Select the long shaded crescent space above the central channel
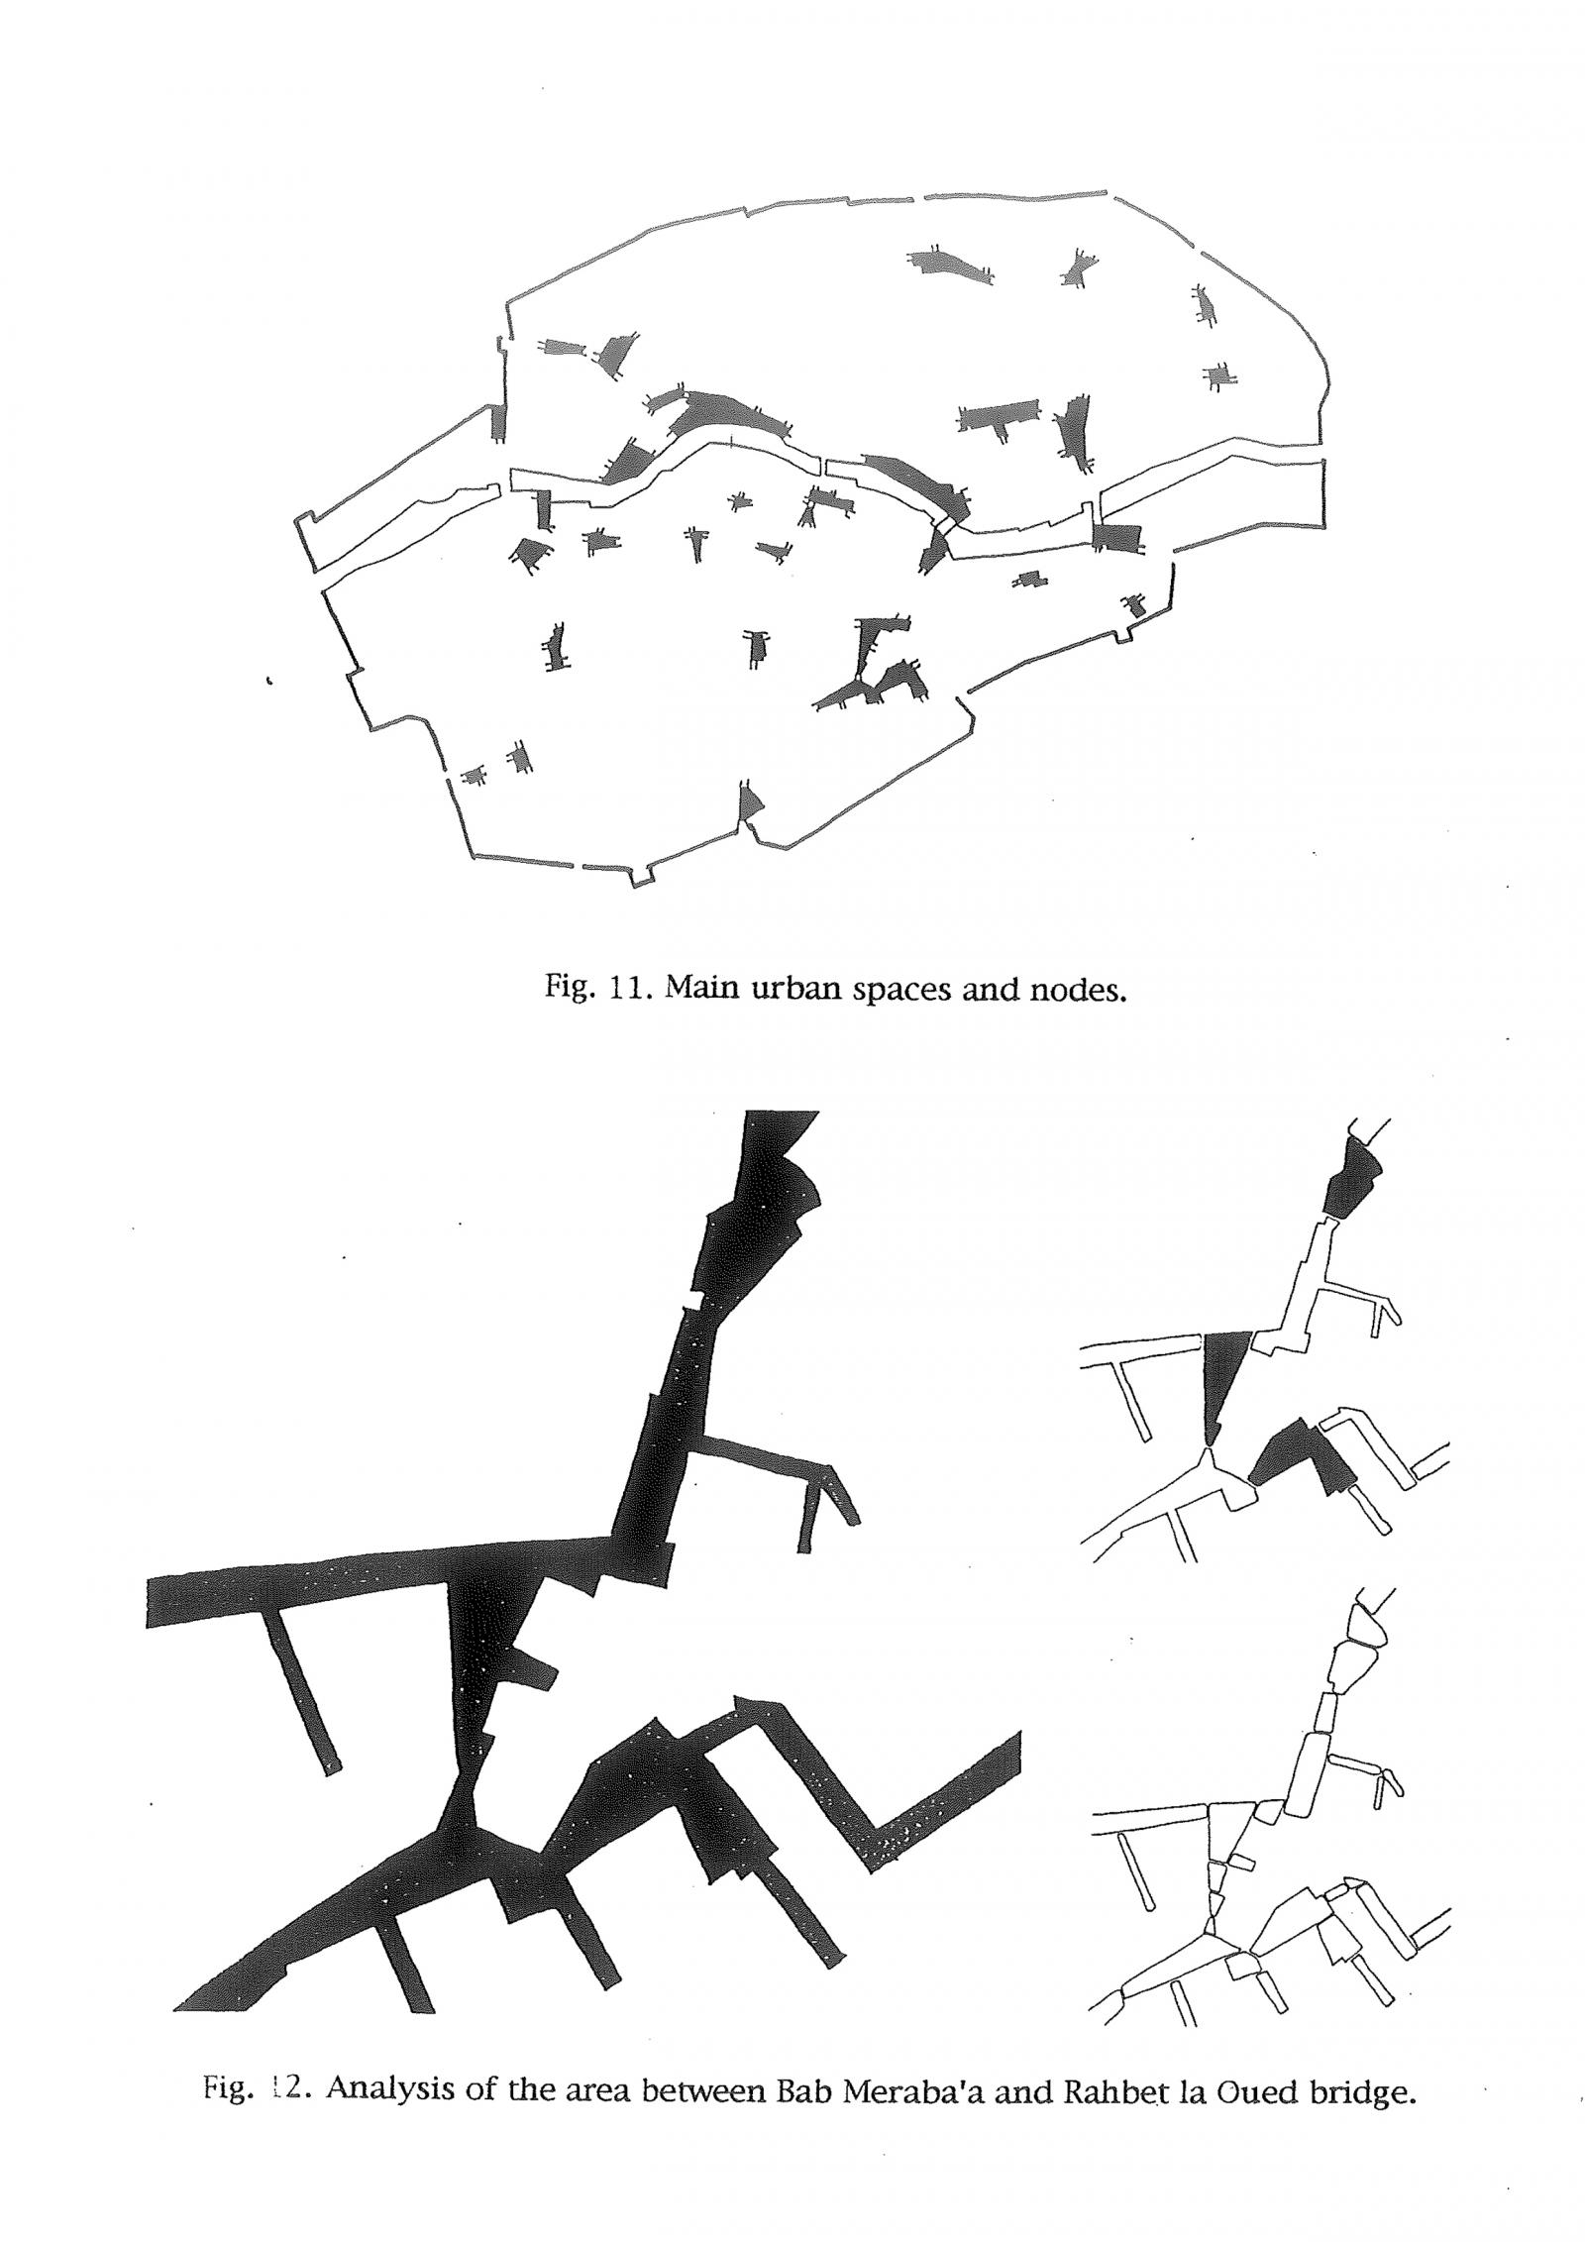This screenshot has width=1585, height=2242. coord(728,416)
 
